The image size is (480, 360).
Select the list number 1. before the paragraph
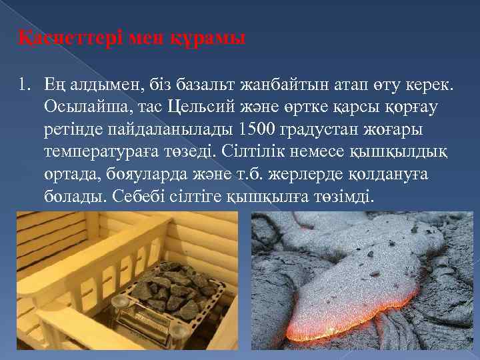[x=25, y=86]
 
